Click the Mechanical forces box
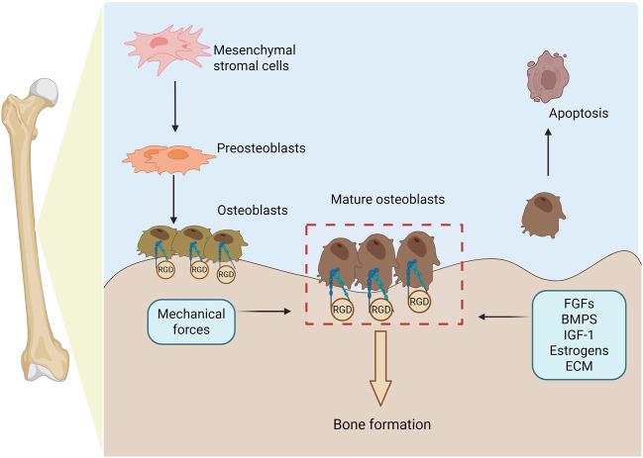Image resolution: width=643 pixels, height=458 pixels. [x=191, y=321]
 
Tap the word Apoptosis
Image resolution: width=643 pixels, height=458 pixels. [x=579, y=113]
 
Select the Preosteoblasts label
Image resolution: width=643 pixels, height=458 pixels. [x=262, y=147]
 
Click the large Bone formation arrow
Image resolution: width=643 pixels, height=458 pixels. [x=380, y=368]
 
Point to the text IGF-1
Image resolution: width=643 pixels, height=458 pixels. [x=579, y=335]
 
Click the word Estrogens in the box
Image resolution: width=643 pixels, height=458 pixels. [x=579, y=351]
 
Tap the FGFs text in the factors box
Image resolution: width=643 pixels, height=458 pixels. [x=579, y=304]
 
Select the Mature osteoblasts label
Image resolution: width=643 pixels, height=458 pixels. [x=387, y=200]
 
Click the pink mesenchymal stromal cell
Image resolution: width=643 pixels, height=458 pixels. [x=167, y=48]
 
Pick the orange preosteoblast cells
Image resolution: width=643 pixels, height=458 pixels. [x=168, y=159]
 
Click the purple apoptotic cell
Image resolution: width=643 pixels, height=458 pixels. [x=548, y=77]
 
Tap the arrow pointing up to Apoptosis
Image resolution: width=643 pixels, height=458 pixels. [x=548, y=152]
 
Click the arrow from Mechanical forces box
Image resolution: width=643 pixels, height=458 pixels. [x=265, y=312]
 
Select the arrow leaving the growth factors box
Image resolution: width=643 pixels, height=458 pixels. [x=504, y=317]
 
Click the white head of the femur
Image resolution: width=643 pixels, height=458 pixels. [x=44, y=90]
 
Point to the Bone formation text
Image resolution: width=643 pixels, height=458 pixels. [x=382, y=424]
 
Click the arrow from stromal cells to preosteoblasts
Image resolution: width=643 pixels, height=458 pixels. [x=175, y=107]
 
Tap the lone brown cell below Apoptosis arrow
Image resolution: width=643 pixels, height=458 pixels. [x=543, y=215]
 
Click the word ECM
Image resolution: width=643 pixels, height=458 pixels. [x=579, y=366]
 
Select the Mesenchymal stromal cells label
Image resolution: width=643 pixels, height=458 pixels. [x=255, y=57]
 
